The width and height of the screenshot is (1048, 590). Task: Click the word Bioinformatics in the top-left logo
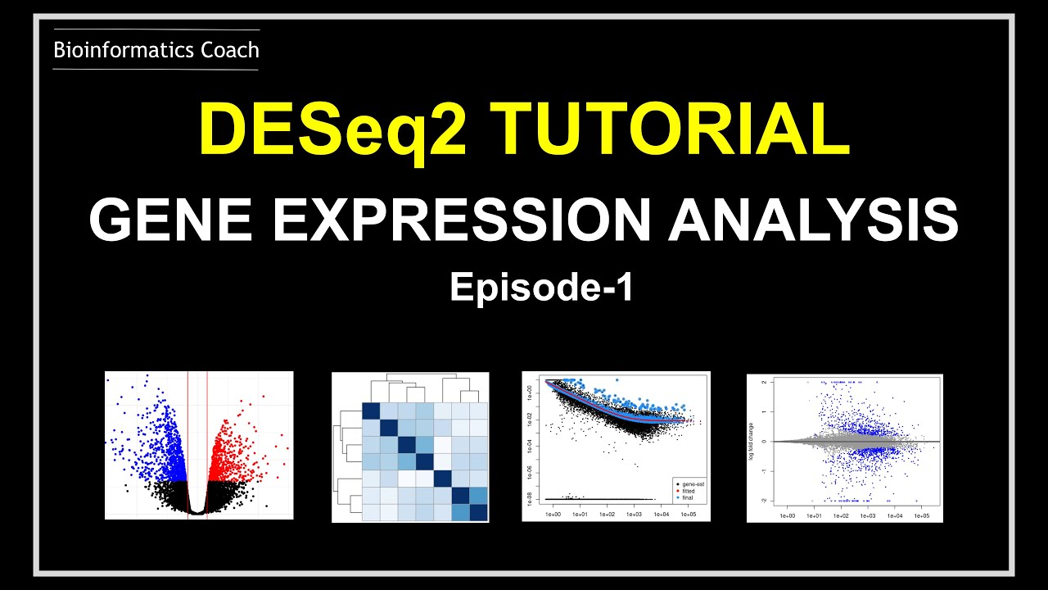pos(114,51)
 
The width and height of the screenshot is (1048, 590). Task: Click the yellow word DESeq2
pos(332,130)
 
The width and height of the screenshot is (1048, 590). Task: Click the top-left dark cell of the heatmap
pos(371,412)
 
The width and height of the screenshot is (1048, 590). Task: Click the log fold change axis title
pos(754,442)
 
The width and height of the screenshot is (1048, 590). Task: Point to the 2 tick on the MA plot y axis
pos(765,383)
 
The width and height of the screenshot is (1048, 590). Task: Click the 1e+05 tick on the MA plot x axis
pos(921,516)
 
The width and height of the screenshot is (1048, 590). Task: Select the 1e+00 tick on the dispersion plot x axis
pos(553,515)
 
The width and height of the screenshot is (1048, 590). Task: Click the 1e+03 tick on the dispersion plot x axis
pos(634,515)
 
